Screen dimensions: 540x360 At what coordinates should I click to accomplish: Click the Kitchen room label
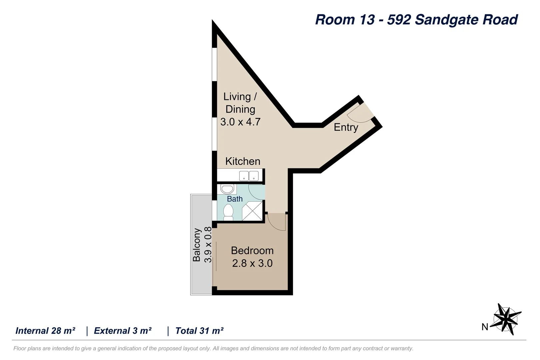click(243, 161)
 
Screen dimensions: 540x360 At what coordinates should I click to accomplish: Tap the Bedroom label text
click(252, 251)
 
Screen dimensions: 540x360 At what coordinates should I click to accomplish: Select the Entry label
click(346, 127)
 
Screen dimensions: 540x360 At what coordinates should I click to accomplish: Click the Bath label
click(235, 199)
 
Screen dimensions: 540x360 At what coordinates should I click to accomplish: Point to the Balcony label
click(197, 245)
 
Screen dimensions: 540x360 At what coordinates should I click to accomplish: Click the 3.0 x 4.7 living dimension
click(240, 122)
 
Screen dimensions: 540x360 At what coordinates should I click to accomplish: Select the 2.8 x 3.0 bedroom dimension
click(252, 263)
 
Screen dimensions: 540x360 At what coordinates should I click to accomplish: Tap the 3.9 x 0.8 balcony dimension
click(208, 245)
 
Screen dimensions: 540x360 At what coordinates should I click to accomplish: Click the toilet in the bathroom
click(228, 212)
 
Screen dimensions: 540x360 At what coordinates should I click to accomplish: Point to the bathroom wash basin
click(227, 189)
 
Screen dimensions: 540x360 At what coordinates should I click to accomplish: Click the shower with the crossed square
click(252, 211)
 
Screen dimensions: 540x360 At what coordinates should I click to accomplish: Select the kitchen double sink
click(249, 176)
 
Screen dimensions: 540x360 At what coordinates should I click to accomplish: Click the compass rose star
click(506, 319)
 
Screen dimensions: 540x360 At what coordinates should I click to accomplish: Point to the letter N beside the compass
click(485, 327)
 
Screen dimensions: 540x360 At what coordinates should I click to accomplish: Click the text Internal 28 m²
click(45, 331)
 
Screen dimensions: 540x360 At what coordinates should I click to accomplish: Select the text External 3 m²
click(123, 331)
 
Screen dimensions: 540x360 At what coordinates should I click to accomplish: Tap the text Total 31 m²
click(199, 331)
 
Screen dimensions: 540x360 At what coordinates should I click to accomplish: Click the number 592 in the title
click(399, 20)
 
